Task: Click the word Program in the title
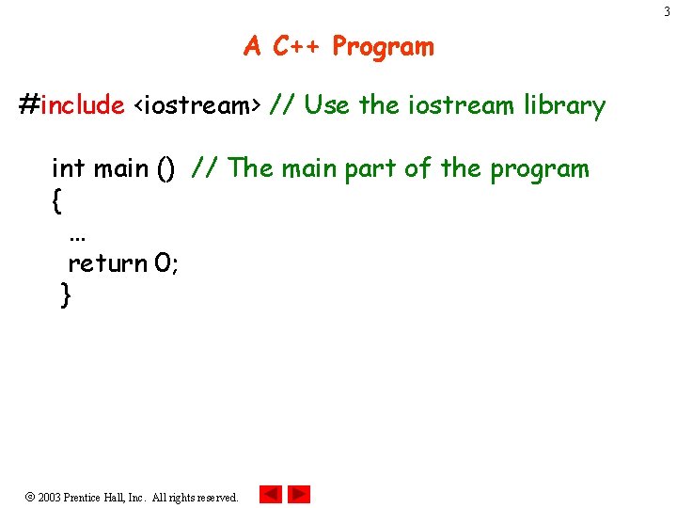(x=383, y=46)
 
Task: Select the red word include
(x=83, y=105)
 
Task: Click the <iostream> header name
(x=197, y=105)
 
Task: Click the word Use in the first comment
(x=326, y=105)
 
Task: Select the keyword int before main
(x=69, y=168)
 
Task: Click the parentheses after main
(x=165, y=169)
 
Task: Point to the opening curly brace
(x=58, y=200)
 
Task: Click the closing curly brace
(x=65, y=295)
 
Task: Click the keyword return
(x=107, y=263)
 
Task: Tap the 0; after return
(x=166, y=263)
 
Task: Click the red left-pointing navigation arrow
(x=271, y=494)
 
